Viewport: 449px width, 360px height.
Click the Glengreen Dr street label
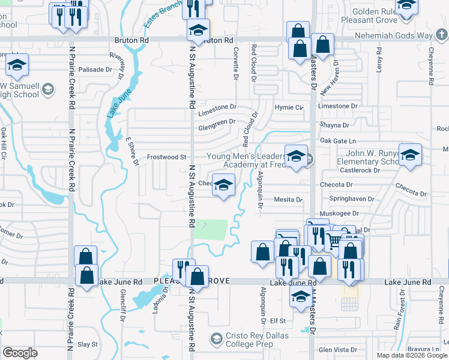pyautogui.click(x=217, y=122)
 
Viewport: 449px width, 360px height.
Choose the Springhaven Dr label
pyautogui.click(x=352, y=199)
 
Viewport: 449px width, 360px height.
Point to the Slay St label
pyautogui.click(x=87, y=344)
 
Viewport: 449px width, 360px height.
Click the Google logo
pyautogui.click(x=20, y=353)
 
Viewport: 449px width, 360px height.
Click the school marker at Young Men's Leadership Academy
pyautogui.click(x=296, y=157)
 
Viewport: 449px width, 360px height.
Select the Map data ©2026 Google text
pyautogui.click(x=411, y=355)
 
